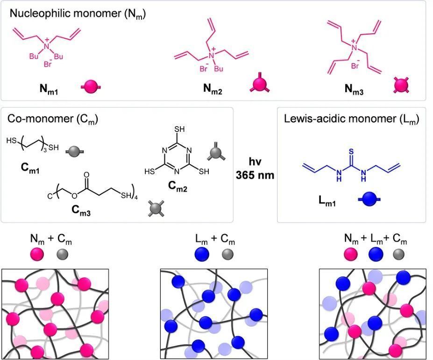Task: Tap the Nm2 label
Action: tap(213, 89)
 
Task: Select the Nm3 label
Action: tap(354, 89)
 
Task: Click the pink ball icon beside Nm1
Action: tap(91, 87)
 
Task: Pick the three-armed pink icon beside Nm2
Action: tap(260, 83)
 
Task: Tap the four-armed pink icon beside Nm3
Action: tap(401, 85)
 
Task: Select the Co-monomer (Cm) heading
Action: tap(53, 119)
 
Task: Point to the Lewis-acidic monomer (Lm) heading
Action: tap(352, 119)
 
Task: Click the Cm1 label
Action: tap(30, 168)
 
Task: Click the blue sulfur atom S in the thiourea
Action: tap(351, 151)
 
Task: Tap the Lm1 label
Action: tap(327, 201)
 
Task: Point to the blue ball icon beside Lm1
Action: tap(369, 199)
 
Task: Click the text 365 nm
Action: tap(255, 175)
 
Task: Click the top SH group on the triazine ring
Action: tap(179, 129)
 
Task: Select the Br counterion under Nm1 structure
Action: tap(48, 64)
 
